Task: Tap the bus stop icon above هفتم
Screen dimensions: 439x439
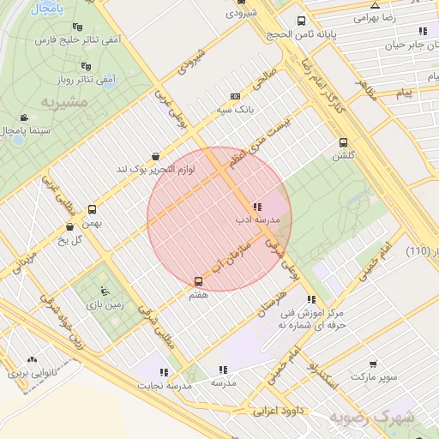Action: coord(199,280)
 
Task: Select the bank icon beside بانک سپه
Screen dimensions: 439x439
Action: coord(236,97)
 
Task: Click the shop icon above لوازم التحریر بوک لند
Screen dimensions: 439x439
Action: coord(154,156)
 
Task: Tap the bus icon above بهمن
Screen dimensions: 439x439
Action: coord(93,208)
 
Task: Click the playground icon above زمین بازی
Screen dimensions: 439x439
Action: coord(105,290)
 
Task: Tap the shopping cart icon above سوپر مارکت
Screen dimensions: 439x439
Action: coord(372,364)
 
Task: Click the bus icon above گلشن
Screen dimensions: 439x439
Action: coord(344,143)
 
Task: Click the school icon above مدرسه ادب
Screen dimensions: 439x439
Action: coord(257,207)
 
